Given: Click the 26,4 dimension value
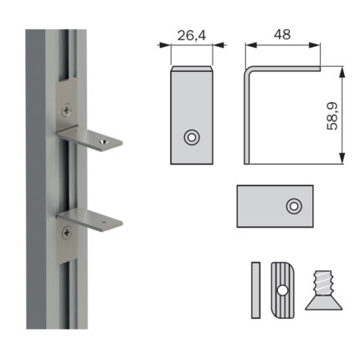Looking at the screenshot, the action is click(x=192, y=35).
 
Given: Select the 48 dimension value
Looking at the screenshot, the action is click(x=282, y=34).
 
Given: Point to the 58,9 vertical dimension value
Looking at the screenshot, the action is click(x=332, y=116).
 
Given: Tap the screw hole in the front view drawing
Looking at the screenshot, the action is click(x=192, y=137).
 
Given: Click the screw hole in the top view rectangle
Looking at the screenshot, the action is click(x=294, y=206).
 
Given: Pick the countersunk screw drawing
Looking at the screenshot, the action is click(x=324, y=291).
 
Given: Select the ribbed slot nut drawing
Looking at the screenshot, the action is click(x=283, y=290).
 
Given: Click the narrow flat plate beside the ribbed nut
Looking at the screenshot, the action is click(x=255, y=290).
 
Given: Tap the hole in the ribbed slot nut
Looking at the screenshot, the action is click(x=282, y=291).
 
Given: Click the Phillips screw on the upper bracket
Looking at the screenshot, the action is click(x=66, y=110).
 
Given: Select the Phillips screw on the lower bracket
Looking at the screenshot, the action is click(x=67, y=233).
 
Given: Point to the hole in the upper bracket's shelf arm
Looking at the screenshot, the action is click(x=104, y=141).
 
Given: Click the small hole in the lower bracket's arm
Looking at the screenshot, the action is click(x=105, y=223).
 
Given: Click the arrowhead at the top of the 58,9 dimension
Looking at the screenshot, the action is click(x=342, y=72).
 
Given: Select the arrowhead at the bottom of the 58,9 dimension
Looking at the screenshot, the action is click(x=342, y=158).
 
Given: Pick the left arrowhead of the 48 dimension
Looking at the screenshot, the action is click(x=251, y=45).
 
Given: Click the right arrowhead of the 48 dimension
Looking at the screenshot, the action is click(x=315, y=45).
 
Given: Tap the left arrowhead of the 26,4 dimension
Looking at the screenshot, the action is click(x=164, y=45).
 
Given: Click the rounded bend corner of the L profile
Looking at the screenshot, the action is click(x=248, y=69).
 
